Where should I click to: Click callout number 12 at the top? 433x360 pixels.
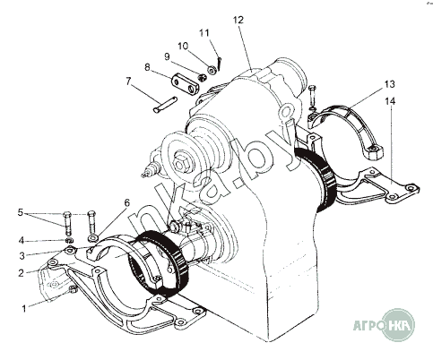coord(238,20)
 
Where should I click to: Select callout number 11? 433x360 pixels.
coord(204,32)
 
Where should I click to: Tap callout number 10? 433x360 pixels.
coord(183,46)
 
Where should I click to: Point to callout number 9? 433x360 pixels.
coord(167,56)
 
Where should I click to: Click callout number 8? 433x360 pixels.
coord(147,67)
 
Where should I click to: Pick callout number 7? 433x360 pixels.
coord(128,81)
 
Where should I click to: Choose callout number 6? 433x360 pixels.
coord(127,203)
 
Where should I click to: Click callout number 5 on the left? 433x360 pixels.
coord(21,212)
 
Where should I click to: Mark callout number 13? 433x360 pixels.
coord(389,84)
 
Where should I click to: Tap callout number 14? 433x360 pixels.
coord(390,101)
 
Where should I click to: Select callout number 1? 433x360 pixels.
coord(24,308)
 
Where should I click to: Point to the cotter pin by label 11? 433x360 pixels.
coord(219,64)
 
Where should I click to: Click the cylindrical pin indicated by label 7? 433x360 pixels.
coord(165,105)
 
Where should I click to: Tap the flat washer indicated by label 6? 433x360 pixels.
coord(93,238)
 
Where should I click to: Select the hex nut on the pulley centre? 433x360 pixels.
coord(181,164)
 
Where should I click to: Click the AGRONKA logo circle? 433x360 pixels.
coord(399,325)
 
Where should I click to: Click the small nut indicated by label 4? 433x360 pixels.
coord(69,240)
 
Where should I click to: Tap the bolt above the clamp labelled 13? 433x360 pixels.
coord(312,96)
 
